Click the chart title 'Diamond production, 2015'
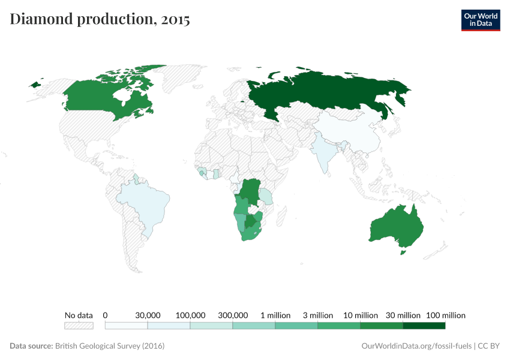tap(100, 19)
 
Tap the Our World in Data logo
tap(480, 19)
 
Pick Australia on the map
tap(396, 228)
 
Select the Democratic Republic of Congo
tap(248, 192)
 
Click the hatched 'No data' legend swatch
tap(79, 326)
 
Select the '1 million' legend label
tap(275, 315)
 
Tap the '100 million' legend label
tap(446, 315)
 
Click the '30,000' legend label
tap(148, 315)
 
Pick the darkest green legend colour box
tap(424, 326)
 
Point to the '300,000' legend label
tap(233, 315)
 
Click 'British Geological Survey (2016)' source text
tap(110, 346)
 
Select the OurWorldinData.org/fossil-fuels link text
tap(416, 346)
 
